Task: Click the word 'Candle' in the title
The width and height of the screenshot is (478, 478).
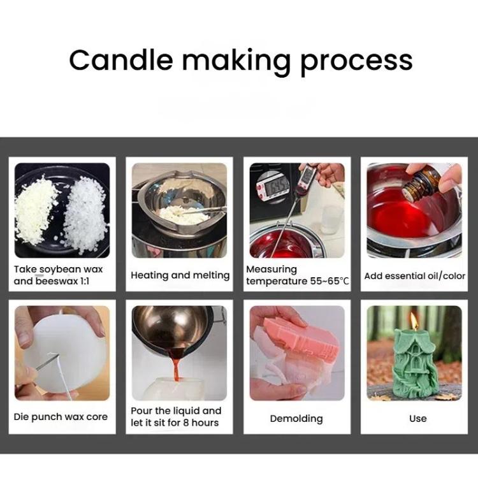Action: click(x=120, y=61)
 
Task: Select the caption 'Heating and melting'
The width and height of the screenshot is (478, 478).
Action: click(x=180, y=275)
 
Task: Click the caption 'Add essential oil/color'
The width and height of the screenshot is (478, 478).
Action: click(x=414, y=276)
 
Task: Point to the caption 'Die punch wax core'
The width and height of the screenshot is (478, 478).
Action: click(x=61, y=417)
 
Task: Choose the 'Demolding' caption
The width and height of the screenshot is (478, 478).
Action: click(x=296, y=419)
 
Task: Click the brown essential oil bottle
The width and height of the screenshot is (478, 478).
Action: click(x=422, y=184)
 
